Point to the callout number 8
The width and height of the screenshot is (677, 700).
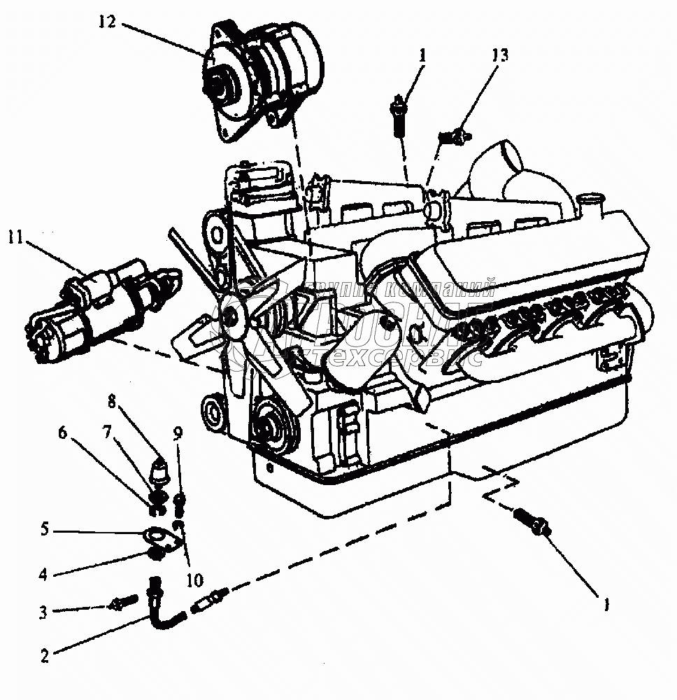click(111, 402)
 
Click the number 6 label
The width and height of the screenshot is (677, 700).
click(62, 433)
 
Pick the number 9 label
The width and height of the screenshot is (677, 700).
click(178, 433)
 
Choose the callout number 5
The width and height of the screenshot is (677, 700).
click(45, 529)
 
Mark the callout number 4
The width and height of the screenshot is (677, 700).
click(43, 575)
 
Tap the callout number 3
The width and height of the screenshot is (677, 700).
click(43, 612)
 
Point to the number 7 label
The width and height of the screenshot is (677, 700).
click(108, 433)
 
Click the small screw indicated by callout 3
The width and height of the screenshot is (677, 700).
click(124, 601)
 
